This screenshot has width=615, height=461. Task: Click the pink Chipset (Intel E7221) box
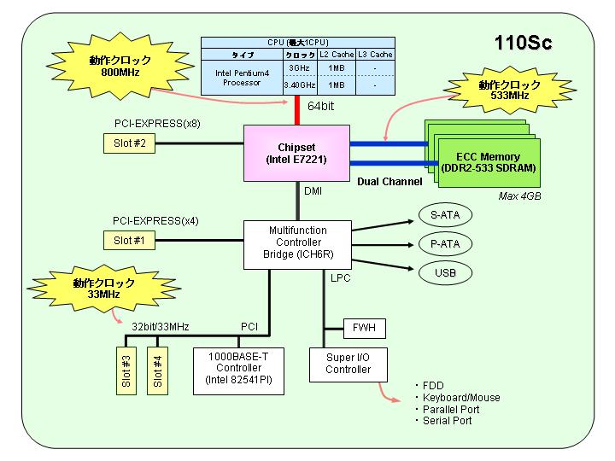pyautogui.click(x=296, y=154)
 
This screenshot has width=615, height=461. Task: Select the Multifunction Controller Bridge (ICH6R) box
pyautogui.click(x=298, y=245)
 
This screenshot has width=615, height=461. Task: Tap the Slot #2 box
pyautogui.click(x=130, y=143)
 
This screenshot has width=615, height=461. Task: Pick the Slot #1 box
pyautogui.click(x=130, y=240)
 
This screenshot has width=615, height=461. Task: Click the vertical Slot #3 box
pyautogui.click(x=126, y=371)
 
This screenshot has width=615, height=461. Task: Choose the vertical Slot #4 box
pyautogui.click(x=158, y=371)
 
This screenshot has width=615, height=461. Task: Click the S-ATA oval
pyautogui.click(x=445, y=215)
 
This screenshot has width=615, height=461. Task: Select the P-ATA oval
pyautogui.click(x=445, y=244)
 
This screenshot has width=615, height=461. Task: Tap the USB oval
pyautogui.click(x=445, y=273)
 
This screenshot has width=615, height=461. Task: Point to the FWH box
pyautogui.click(x=365, y=328)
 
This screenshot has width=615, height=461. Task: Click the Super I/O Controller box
pyautogui.click(x=348, y=365)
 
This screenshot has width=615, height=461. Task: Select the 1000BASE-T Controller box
pyautogui.click(x=238, y=371)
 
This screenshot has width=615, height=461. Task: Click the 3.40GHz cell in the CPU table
pyautogui.click(x=300, y=85)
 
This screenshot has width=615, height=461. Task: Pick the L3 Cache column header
pyautogui.click(x=375, y=55)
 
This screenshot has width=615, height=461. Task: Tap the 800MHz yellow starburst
pyautogui.click(x=120, y=66)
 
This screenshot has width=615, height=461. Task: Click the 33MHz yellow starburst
pyautogui.click(x=103, y=289)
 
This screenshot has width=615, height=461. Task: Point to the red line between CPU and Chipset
pyautogui.click(x=297, y=110)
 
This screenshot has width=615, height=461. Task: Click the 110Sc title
pyautogui.click(x=524, y=43)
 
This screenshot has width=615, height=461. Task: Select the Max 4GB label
pyautogui.click(x=519, y=196)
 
